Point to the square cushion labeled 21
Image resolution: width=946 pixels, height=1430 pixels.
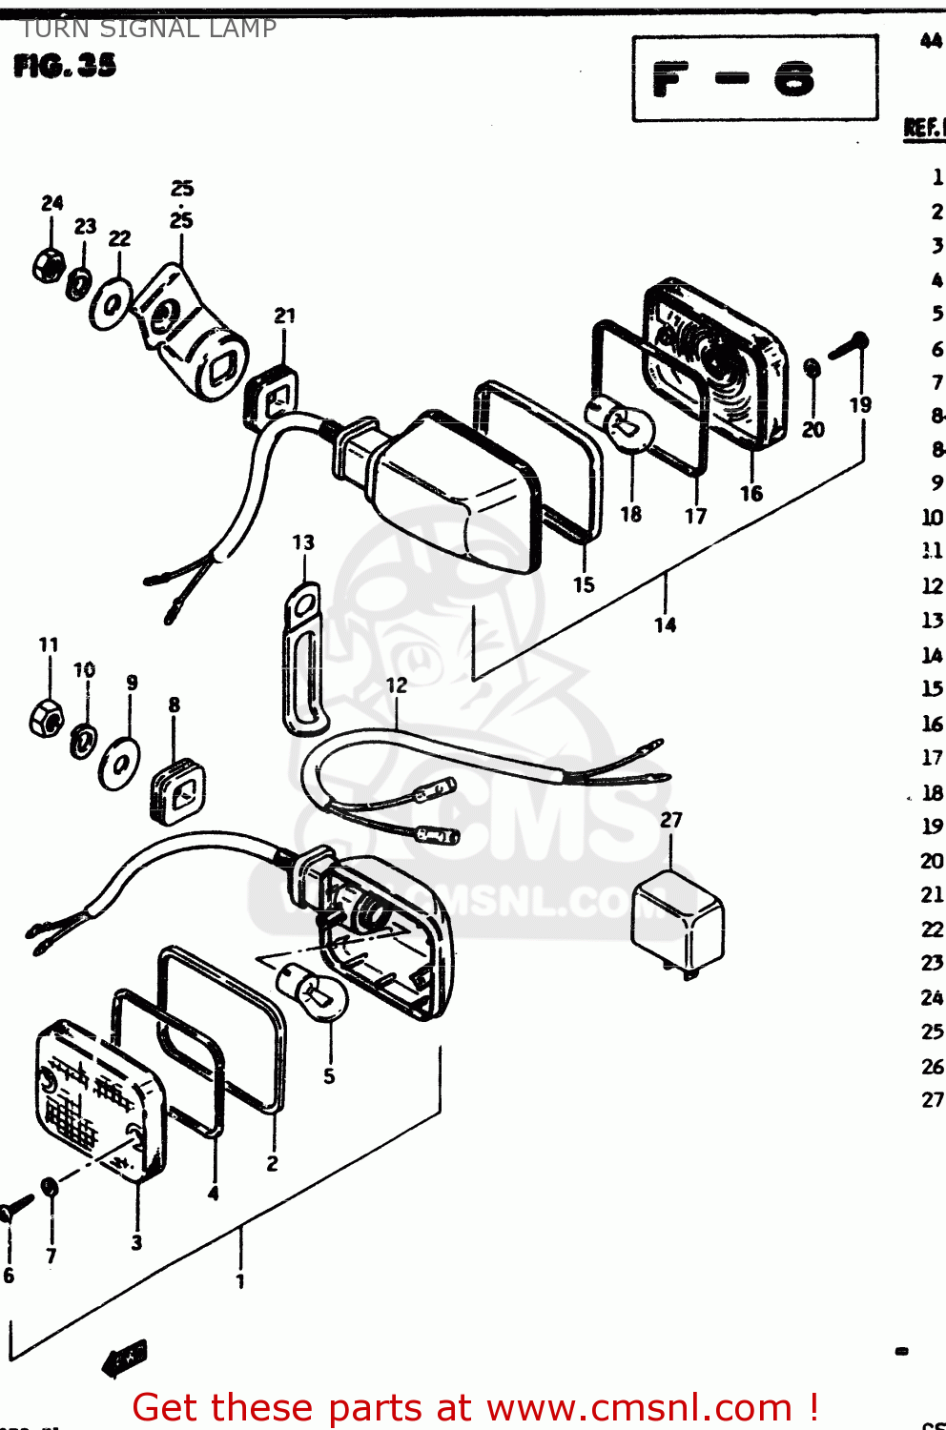(273, 397)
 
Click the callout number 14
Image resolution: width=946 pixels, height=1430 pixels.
(665, 625)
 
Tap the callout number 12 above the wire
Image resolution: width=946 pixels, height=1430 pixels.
(397, 685)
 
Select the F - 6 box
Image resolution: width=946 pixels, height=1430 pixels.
(754, 78)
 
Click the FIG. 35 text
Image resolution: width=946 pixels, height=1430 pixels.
(65, 66)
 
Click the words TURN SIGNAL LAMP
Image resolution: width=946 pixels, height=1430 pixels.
(149, 29)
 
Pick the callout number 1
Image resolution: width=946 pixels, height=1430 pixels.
(240, 1281)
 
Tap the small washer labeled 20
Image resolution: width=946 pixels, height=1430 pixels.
(812, 368)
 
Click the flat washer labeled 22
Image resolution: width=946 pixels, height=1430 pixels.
(113, 304)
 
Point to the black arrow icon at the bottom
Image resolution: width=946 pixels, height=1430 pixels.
(126, 1358)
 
